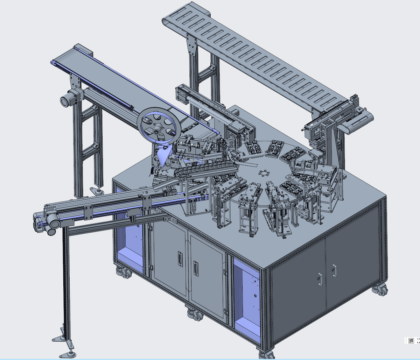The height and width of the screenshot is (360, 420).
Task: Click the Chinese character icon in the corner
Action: [x=411, y=346]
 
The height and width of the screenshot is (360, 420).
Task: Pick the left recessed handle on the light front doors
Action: [x=180, y=259]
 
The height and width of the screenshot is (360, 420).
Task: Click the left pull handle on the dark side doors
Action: [x=320, y=279]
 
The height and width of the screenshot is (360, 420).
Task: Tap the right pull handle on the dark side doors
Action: [x=334, y=270]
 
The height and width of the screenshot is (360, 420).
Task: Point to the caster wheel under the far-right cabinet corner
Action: [x=379, y=290]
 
